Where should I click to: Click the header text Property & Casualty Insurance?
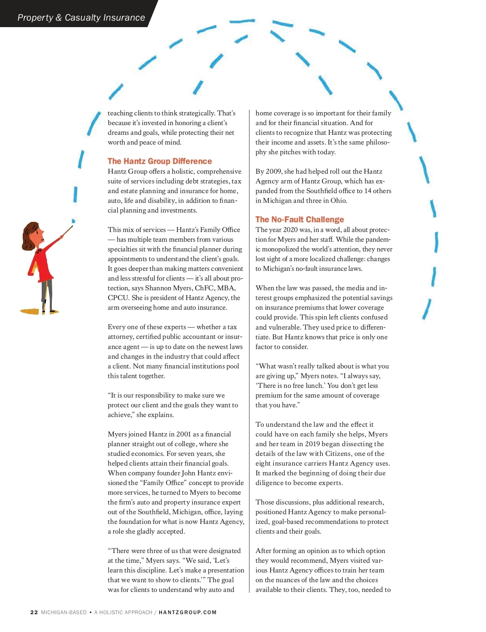point(81,17)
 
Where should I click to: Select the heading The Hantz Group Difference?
point(160,161)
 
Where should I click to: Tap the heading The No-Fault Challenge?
point(299,219)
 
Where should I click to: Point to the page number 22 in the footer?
point(34,612)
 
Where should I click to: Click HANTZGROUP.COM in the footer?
point(188,612)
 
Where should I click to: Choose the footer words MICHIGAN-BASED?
point(64,612)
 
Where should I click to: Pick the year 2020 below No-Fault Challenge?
point(290,230)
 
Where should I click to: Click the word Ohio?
point(339,200)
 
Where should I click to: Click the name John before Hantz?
point(188,473)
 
